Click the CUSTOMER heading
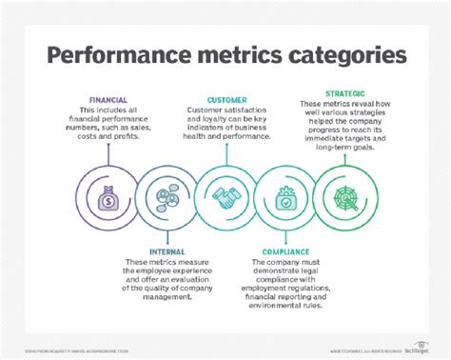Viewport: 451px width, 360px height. [226, 100]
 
